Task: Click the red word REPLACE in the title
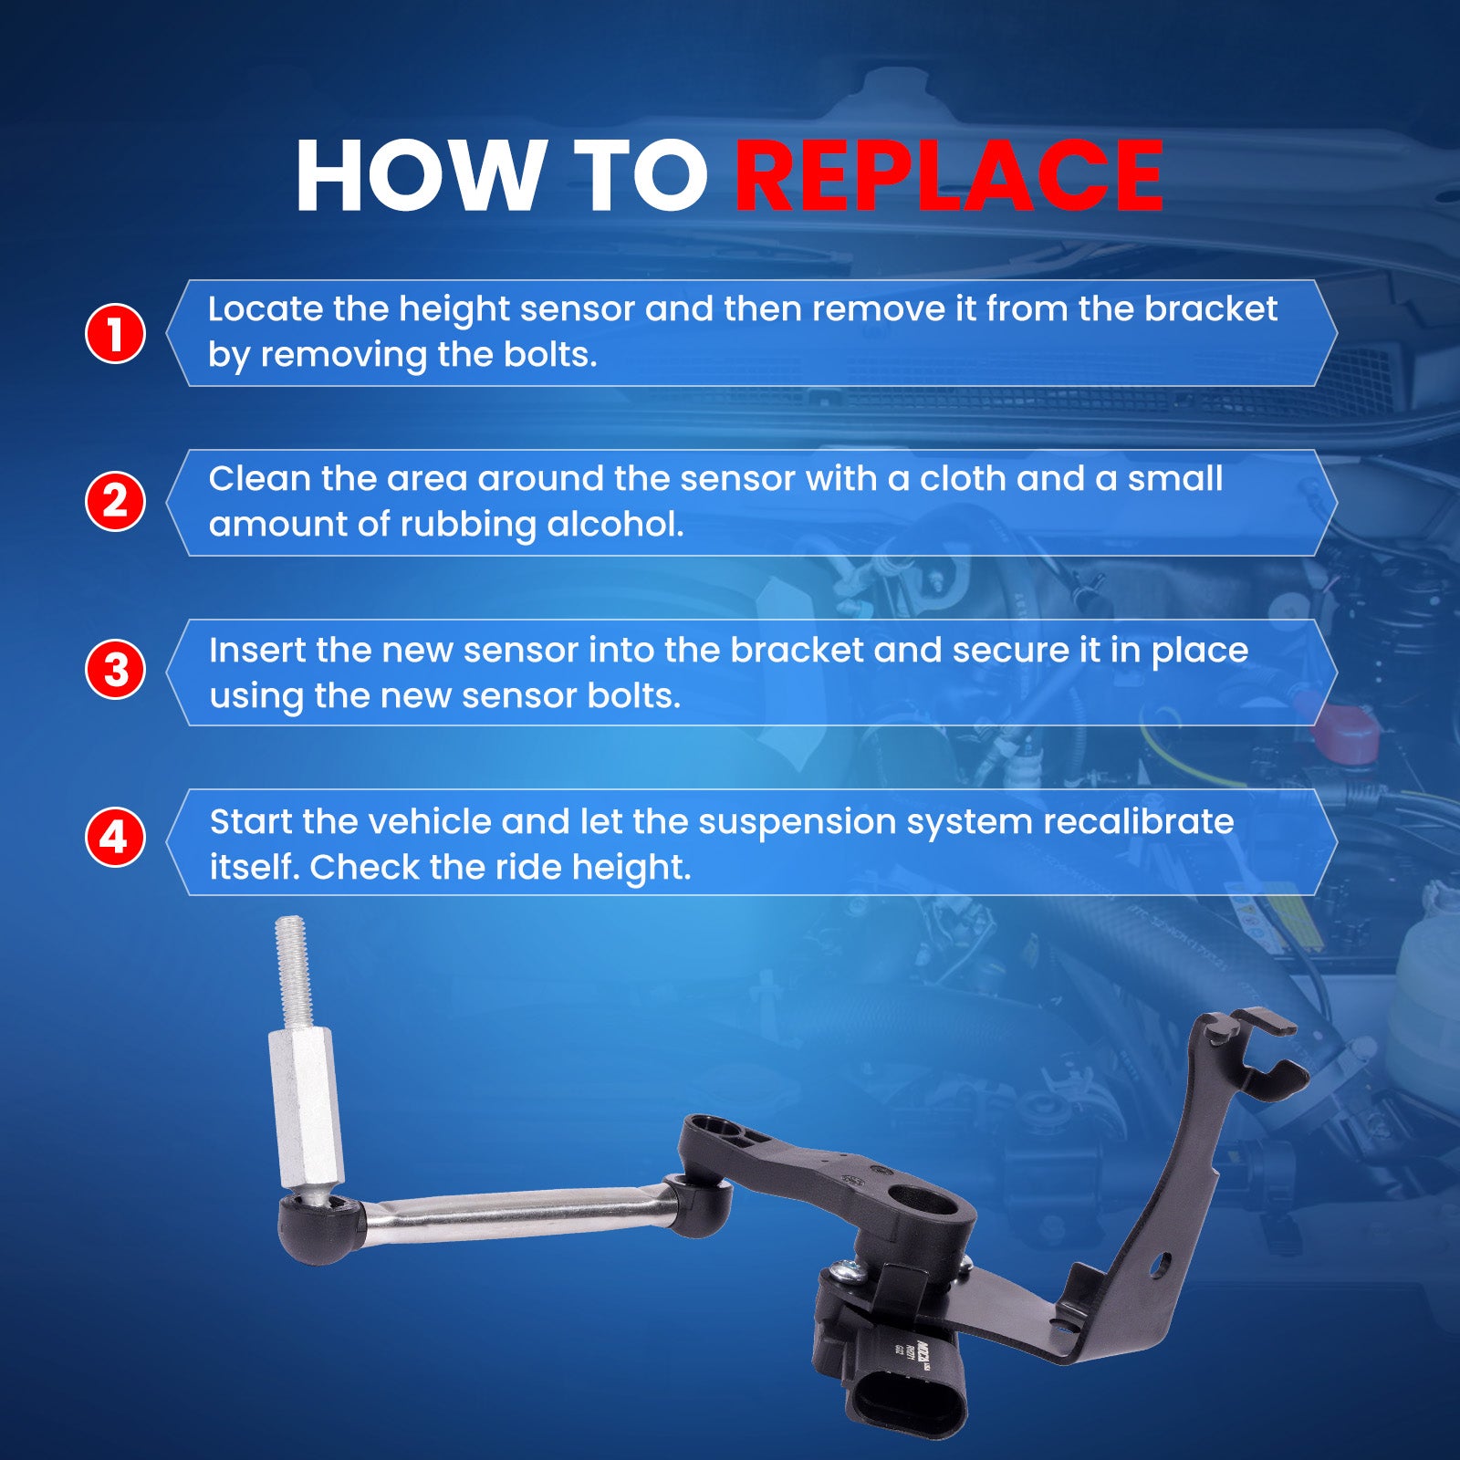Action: [x=949, y=176]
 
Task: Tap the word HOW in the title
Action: [x=419, y=176]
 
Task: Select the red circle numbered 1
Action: [x=115, y=333]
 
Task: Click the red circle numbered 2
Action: [x=115, y=501]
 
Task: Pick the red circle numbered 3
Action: [x=115, y=669]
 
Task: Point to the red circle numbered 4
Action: [x=115, y=837]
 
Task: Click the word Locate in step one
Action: [x=266, y=309]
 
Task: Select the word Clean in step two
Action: [x=260, y=479]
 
